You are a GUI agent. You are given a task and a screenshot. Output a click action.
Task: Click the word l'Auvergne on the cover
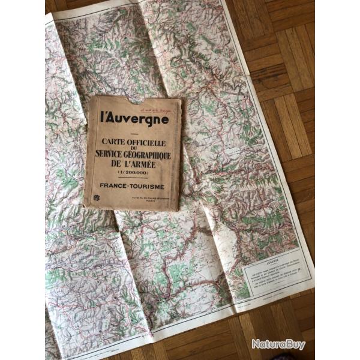coord(134,118)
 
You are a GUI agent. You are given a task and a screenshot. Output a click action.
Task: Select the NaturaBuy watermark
coord(278,344)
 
